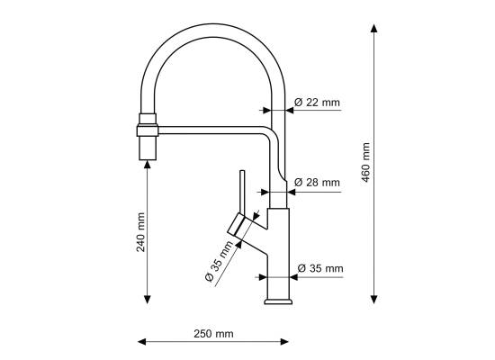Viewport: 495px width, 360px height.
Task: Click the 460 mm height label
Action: (365, 162)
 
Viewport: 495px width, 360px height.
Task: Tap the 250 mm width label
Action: (213, 334)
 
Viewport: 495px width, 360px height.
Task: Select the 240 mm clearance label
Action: (140, 232)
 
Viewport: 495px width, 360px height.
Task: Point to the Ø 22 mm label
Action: (317, 103)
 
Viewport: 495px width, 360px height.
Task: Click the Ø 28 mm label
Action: (317, 182)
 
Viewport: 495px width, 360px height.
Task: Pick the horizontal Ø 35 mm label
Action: (320, 268)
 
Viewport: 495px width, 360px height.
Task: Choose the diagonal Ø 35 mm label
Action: (219, 261)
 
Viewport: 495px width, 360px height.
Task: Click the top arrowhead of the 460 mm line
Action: (374, 28)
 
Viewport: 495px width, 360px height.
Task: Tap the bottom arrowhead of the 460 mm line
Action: (374, 300)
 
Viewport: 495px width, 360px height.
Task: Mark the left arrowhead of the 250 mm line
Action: (142, 342)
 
